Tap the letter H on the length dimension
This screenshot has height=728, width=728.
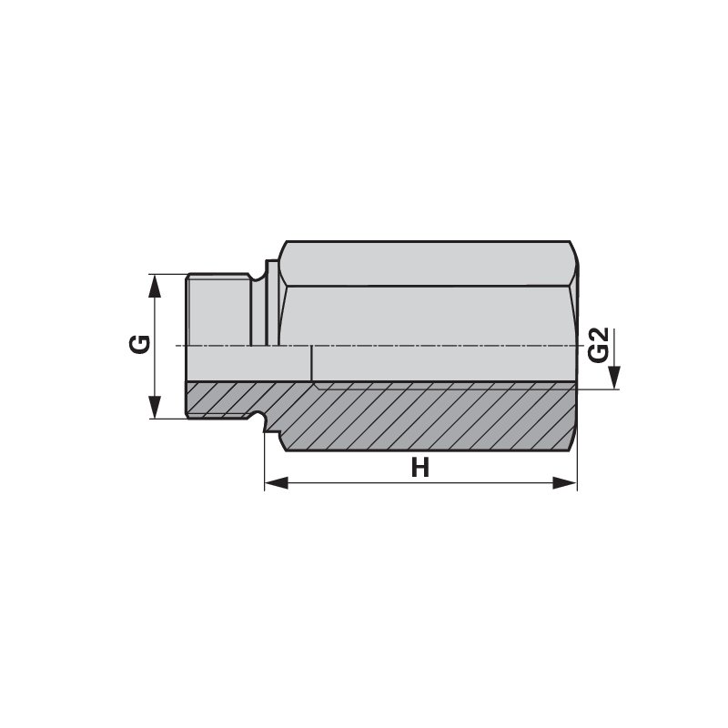click(x=420, y=468)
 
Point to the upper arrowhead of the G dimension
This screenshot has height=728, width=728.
click(x=155, y=285)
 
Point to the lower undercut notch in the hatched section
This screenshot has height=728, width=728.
click(x=267, y=421)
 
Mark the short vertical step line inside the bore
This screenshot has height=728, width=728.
click(x=311, y=364)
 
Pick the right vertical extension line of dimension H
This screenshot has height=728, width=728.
click(x=577, y=464)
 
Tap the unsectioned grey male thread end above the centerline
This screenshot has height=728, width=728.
click(x=218, y=309)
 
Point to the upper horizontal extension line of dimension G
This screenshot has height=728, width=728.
click(x=168, y=274)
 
